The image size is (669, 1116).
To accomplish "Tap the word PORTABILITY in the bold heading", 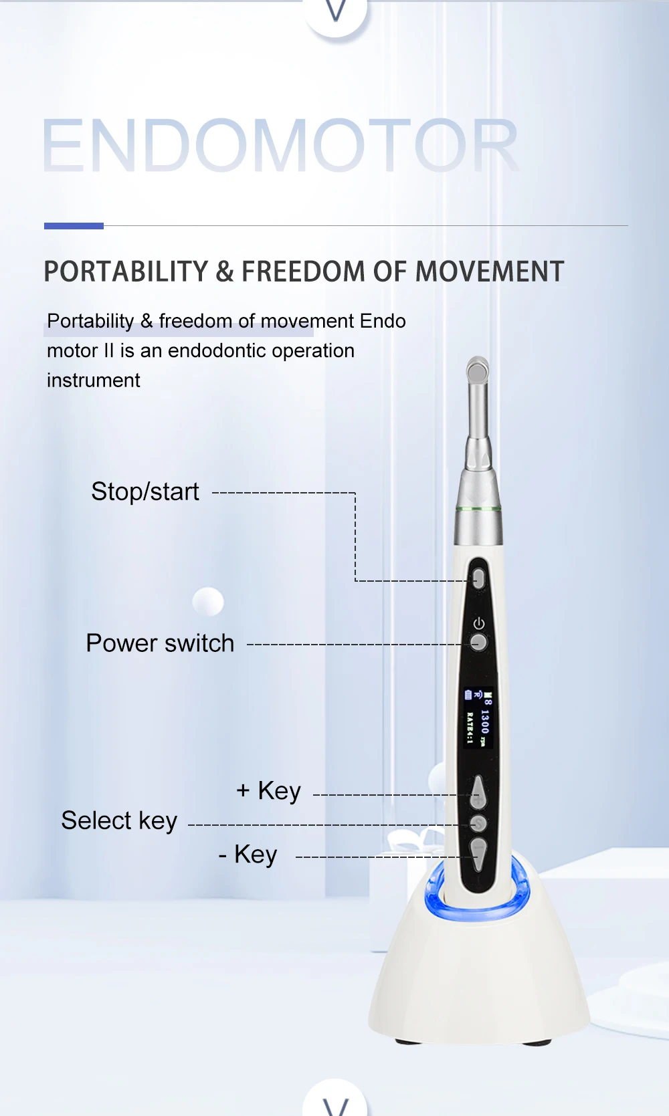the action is [x=126, y=271].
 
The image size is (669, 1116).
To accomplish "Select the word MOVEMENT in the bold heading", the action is [x=490, y=271].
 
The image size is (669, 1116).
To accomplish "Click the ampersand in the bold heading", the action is [x=225, y=271].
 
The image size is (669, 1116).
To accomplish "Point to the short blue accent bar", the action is [x=74, y=226].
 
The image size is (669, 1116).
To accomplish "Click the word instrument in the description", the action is [x=93, y=380].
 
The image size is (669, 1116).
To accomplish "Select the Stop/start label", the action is [x=145, y=491].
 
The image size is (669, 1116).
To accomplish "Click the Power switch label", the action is [x=160, y=643].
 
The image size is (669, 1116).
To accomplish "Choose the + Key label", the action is [x=269, y=790].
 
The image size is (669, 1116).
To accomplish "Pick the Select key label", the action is [x=119, y=820].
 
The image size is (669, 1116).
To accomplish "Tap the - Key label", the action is [x=248, y=855].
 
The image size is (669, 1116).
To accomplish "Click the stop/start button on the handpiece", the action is [x=479, y=578].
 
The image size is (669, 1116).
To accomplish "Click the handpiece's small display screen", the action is [x=478, y=718].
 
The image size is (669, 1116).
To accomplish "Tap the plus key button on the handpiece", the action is [x=478, y=792].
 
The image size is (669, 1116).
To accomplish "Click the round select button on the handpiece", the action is [x=478, y=822].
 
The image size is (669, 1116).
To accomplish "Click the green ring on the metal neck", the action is [x=478, y=510].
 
